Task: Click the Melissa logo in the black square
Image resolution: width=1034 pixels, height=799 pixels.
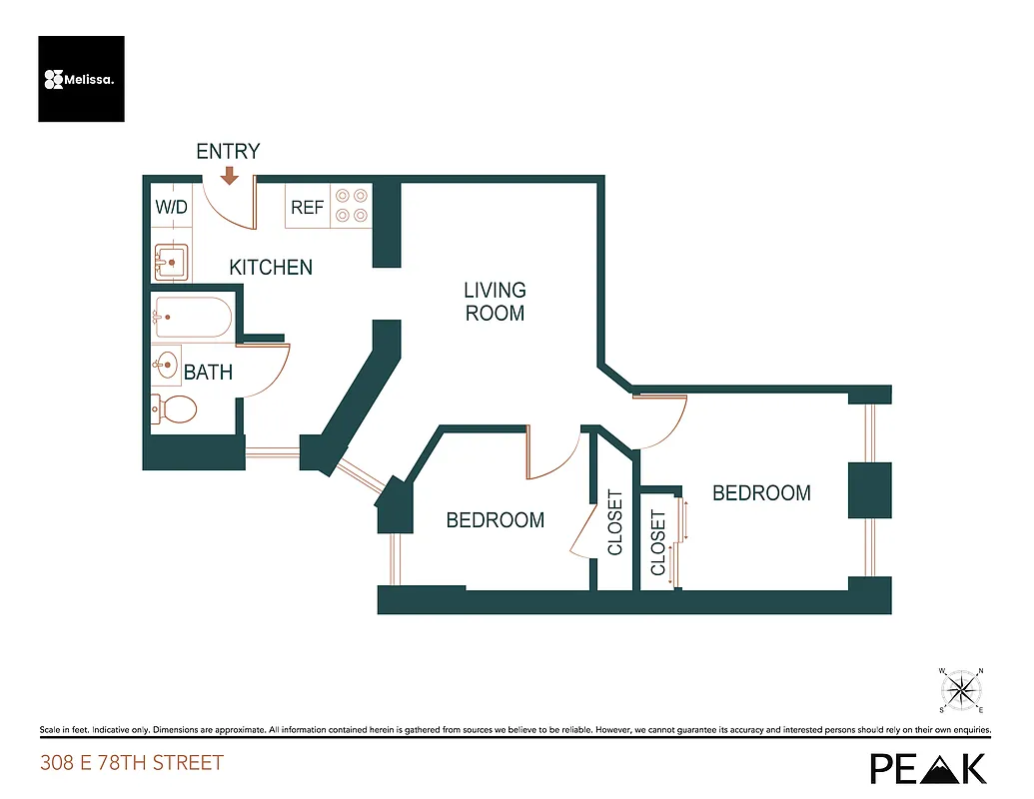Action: pos(81,79)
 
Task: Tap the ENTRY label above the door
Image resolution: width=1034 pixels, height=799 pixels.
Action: pos(228,152)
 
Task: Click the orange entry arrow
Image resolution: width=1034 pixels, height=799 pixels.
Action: pos(229,176)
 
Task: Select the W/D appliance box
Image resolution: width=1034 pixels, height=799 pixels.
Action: pos(171,208)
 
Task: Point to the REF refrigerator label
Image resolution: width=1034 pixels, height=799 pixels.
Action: pos(307,208)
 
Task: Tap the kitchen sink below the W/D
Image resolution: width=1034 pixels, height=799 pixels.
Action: pos(172,264)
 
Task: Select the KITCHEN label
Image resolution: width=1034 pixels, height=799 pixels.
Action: pos(271,268)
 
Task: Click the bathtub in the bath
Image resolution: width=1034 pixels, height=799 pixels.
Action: pos(192,318)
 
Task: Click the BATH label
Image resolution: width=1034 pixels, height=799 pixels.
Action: pos(208,373)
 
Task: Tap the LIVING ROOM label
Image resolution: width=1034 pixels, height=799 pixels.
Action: pos(495,302)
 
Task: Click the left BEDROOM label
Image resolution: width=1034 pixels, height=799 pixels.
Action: pos(495,520)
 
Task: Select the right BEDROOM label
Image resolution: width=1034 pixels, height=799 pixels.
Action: pos(760,493)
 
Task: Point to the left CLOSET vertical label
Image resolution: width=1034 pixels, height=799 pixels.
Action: pos(615,522)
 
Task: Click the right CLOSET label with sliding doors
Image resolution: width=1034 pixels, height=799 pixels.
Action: pos(658,542)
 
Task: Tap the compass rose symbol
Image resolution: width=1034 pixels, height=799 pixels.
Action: pos(962,689)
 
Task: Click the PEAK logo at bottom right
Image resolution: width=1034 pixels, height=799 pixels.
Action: pos(928,767)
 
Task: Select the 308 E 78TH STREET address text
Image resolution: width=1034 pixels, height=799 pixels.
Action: pos(131,764)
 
